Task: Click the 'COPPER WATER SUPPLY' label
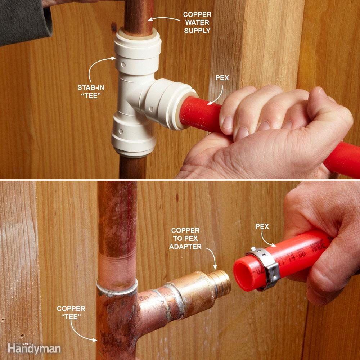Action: click(197, 22)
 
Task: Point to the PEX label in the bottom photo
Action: click(262, 226)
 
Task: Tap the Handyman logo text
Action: click(34, 348)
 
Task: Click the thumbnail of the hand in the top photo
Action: click(228, 122)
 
